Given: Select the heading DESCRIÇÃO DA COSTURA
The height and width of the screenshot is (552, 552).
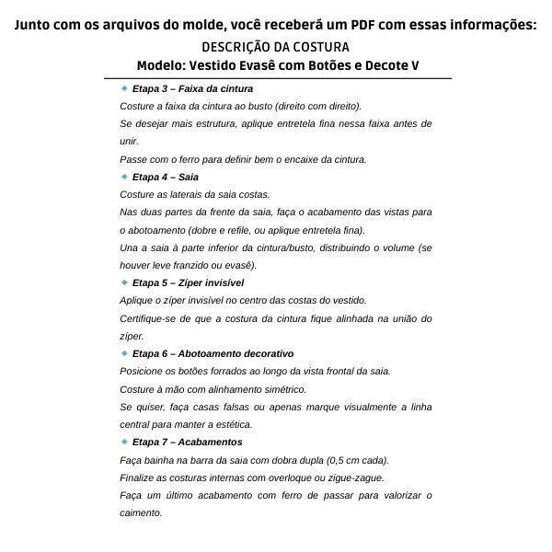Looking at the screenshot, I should (275, 47).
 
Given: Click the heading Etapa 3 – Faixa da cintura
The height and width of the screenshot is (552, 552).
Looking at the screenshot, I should (192, 89).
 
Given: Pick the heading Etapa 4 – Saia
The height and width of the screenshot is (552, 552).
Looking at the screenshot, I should (166, 177).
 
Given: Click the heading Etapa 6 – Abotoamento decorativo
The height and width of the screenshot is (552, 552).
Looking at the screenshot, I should (213, 353).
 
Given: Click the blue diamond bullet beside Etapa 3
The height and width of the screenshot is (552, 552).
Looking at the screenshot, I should (124, 88).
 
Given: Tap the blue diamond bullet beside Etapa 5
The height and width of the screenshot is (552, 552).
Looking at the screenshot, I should (124, 282).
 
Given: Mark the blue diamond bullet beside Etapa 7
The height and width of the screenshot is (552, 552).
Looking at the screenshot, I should (124, 442).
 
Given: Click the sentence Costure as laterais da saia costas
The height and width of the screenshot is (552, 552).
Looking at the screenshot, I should (195, 194).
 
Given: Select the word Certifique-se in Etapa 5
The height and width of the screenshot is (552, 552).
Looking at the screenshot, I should (149, 318).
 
